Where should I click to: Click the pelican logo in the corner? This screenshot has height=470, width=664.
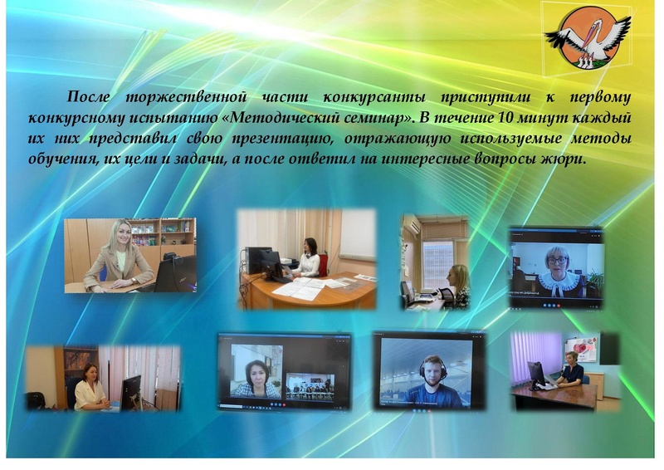click(588, 37)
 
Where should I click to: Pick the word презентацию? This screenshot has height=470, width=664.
click(268, 137)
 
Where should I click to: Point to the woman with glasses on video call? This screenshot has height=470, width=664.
click(556, 266)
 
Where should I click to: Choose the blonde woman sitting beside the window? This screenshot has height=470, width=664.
click(456, 285)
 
